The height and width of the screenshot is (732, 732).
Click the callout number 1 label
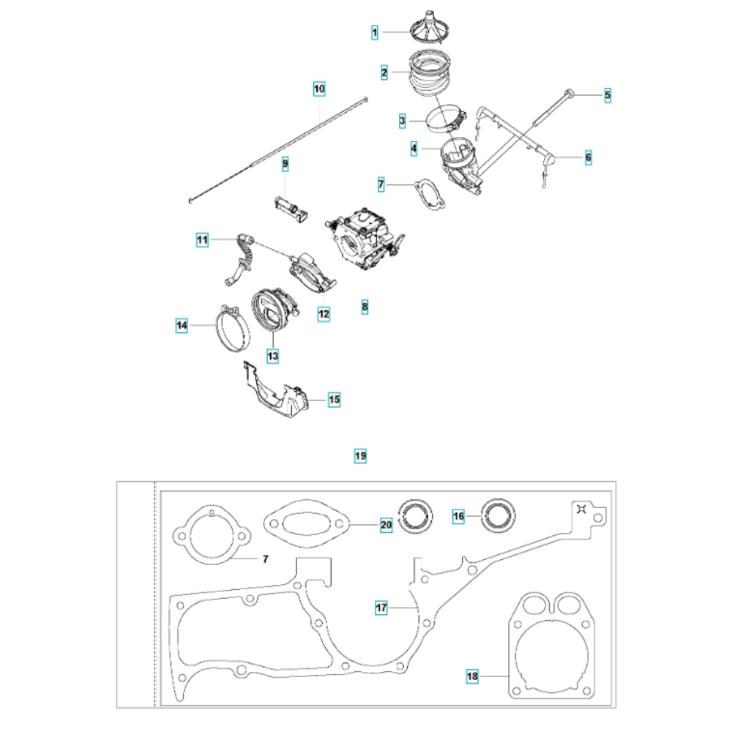click(x=374, y=32)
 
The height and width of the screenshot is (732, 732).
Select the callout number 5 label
click(x=607, y=94)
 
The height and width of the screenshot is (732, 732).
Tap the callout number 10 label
click(x=319, y=89)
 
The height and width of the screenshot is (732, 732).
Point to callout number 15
click(x=334, y=400)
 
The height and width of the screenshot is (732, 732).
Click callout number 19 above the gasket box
click(x=360, y=456)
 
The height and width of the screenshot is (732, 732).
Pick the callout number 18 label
click(x=473, y=677)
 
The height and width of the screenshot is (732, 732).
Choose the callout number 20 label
click(x=386, y=525)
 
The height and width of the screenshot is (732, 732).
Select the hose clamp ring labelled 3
click(x=446, y=119)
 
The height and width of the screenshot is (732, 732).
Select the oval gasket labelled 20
click(x=307, y=525)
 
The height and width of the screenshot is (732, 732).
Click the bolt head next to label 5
click(x=569, y=93)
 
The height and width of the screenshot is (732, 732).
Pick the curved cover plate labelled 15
click(x=276, y=393)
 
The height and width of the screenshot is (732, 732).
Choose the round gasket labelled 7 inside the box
click(x=210, y=535)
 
